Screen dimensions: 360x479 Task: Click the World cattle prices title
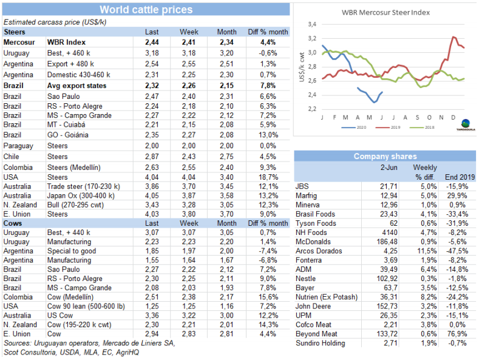(x=146, y=9)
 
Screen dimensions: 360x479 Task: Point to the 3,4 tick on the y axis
(x=312, y=24)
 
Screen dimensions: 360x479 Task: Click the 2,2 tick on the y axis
(x=312, y=109)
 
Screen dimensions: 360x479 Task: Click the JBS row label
(x=302, y=185)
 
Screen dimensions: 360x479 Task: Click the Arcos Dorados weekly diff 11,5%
(x=424, y=251)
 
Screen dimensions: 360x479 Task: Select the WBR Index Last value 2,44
(x=152, y=42)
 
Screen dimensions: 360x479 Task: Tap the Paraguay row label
(x=18, y=146)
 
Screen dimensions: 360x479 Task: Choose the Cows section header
(x=13, y=223)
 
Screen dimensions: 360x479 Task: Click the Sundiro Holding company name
(x=320, y=343)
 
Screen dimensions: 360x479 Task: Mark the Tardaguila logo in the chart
(x=465, y=124)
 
